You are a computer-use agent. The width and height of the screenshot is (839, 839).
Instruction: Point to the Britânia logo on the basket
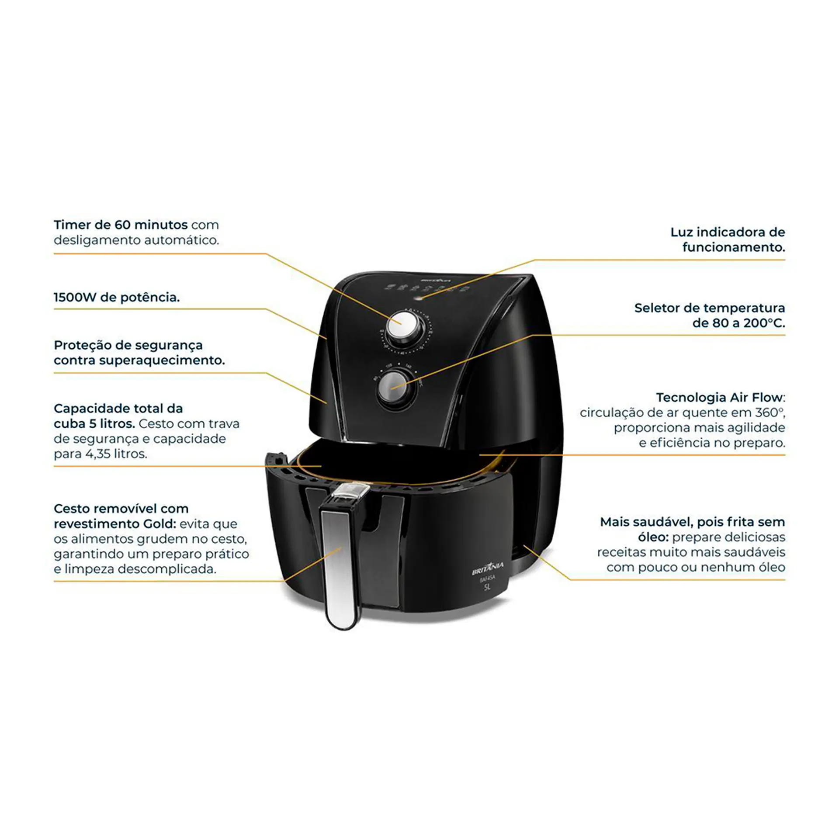(x=488, y=569)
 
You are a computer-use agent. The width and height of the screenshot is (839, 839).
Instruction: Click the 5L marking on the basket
(x=487, y=587)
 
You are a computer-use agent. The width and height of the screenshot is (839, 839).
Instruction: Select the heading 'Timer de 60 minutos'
(x=121, y=225)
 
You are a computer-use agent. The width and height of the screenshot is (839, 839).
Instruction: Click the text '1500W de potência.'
(x=117, y=297)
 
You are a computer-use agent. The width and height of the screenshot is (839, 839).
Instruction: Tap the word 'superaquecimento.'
(x=162, y=361)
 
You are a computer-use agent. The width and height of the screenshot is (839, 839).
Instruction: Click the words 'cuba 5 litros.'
(x=94, y=423)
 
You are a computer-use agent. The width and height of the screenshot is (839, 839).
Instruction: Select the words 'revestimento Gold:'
(x=115, y=524)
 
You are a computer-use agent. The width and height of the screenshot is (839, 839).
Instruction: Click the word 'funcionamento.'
(x=734, y=247)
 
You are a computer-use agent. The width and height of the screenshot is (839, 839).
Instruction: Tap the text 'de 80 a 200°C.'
(x=738, y=323)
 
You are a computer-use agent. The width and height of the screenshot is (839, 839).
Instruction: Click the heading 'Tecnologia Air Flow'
(x=719, y=397)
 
